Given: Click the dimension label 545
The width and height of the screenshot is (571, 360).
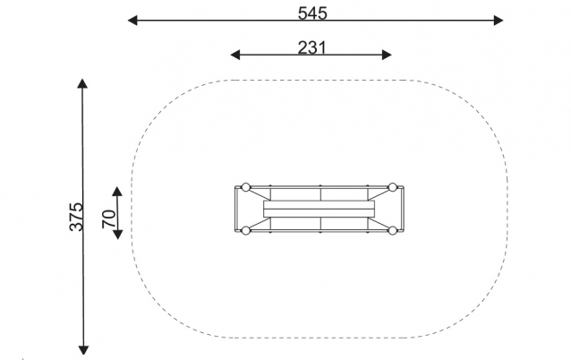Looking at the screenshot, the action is click(312, 13).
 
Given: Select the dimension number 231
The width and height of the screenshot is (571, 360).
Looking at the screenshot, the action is click(312, 47).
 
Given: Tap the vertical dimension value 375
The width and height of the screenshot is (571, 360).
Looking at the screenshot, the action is click(76, 218).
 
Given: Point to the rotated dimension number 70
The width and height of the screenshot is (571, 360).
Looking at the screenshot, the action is click(108, 219).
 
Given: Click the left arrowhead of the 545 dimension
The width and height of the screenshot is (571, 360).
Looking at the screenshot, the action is click(132, 21).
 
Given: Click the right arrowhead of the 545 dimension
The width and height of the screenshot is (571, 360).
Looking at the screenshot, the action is click(499, 21).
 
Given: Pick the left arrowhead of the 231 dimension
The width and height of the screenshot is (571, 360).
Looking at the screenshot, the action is click(235, 55).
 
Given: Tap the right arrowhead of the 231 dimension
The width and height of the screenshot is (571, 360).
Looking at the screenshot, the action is click(387, 55).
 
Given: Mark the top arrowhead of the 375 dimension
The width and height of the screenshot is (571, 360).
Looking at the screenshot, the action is click(82, 83).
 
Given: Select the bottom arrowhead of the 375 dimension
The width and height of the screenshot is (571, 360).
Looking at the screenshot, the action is click(84, 350).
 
